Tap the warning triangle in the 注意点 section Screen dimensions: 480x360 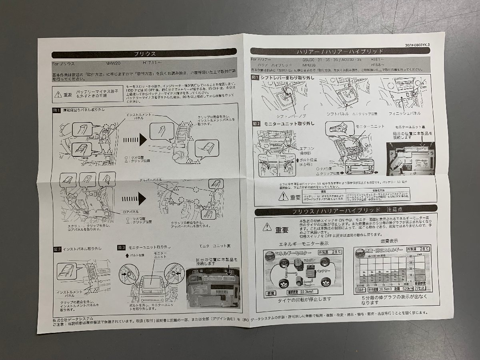pos(267,227)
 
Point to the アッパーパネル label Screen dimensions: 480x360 pos(151,180)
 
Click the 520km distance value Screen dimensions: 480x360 pos(406,288)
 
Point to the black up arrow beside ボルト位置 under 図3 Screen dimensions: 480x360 pos(127,255)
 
